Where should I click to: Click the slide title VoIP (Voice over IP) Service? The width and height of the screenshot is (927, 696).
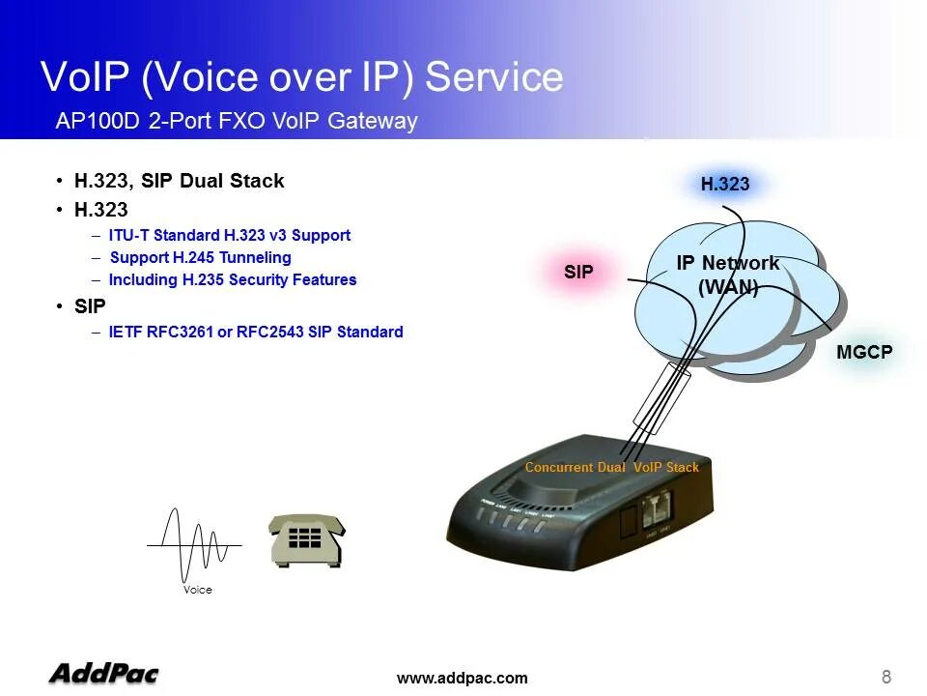click(301, 77)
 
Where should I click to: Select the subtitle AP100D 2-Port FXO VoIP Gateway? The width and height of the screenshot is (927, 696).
click(237, 122)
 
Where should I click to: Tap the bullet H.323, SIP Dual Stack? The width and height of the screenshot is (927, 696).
click(179, 181)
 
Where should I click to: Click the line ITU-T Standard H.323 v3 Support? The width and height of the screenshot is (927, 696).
click(230, 235)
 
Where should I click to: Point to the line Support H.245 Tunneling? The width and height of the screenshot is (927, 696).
click(200, 257)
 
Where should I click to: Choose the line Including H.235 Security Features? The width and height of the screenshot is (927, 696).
click(233, 279)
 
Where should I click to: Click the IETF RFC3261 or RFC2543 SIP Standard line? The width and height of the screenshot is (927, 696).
click(256, 332)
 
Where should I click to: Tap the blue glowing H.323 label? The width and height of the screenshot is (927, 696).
click(724, 185)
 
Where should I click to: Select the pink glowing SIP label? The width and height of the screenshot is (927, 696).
click(578, 273)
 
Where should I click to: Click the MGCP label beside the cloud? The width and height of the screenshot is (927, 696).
click(864, 353)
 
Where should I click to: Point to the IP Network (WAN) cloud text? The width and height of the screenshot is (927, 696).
click(727, 275)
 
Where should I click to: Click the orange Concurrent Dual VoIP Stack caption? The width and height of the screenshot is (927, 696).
click(611, 467)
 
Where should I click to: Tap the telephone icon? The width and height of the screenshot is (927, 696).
click(306, 539)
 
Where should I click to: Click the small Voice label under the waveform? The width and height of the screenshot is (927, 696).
click(198, 590)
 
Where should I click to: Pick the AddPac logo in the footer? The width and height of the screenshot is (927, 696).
click(103, 673)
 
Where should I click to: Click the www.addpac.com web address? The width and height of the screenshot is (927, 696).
click(463, 678)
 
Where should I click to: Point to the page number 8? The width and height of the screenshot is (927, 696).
click(886, 676)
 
